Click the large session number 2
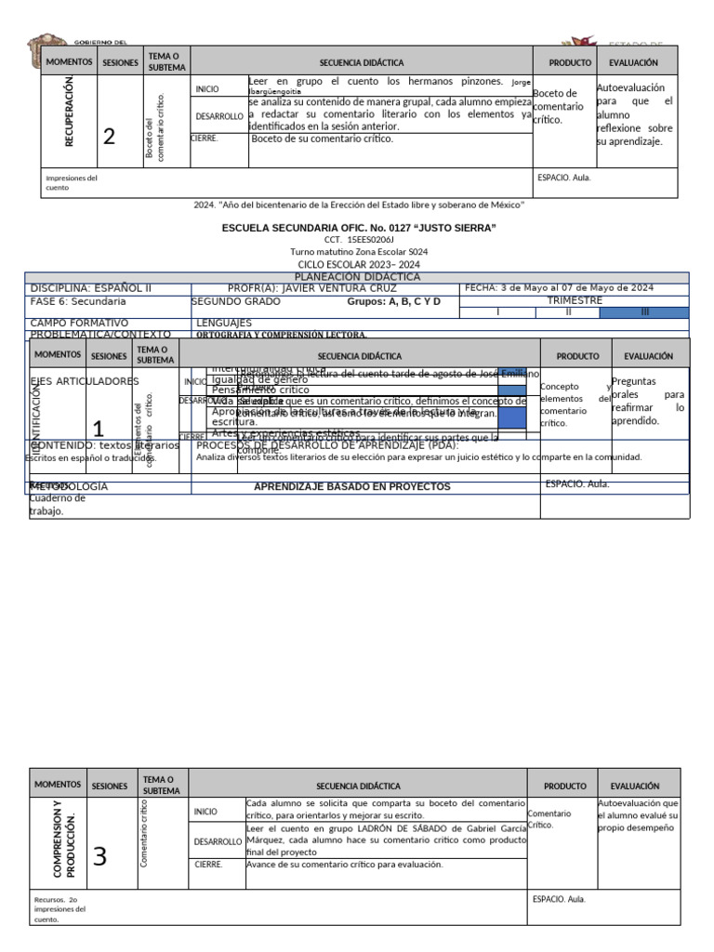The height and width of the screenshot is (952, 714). [x=110, y=137]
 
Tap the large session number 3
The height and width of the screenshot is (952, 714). [x=99, y=857]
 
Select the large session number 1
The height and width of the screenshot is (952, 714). [x=99, y=429]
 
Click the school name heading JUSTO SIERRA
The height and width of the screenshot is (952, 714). [x=358, y=228]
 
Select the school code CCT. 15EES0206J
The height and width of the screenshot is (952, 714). [x=359, y=240]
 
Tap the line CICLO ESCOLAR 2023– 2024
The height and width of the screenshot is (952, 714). [x=359, y=265]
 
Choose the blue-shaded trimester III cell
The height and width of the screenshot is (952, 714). [x=644, y=312]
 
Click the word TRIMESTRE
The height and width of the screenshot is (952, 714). [x=575, y=301]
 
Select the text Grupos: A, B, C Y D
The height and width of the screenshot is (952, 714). [x=393, y=302]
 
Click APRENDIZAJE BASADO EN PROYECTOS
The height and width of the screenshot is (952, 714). [x=351, y=486]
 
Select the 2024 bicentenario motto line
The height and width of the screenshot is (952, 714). [x=358, y=204]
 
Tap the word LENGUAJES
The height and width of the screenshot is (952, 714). [x=225, y=323]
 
